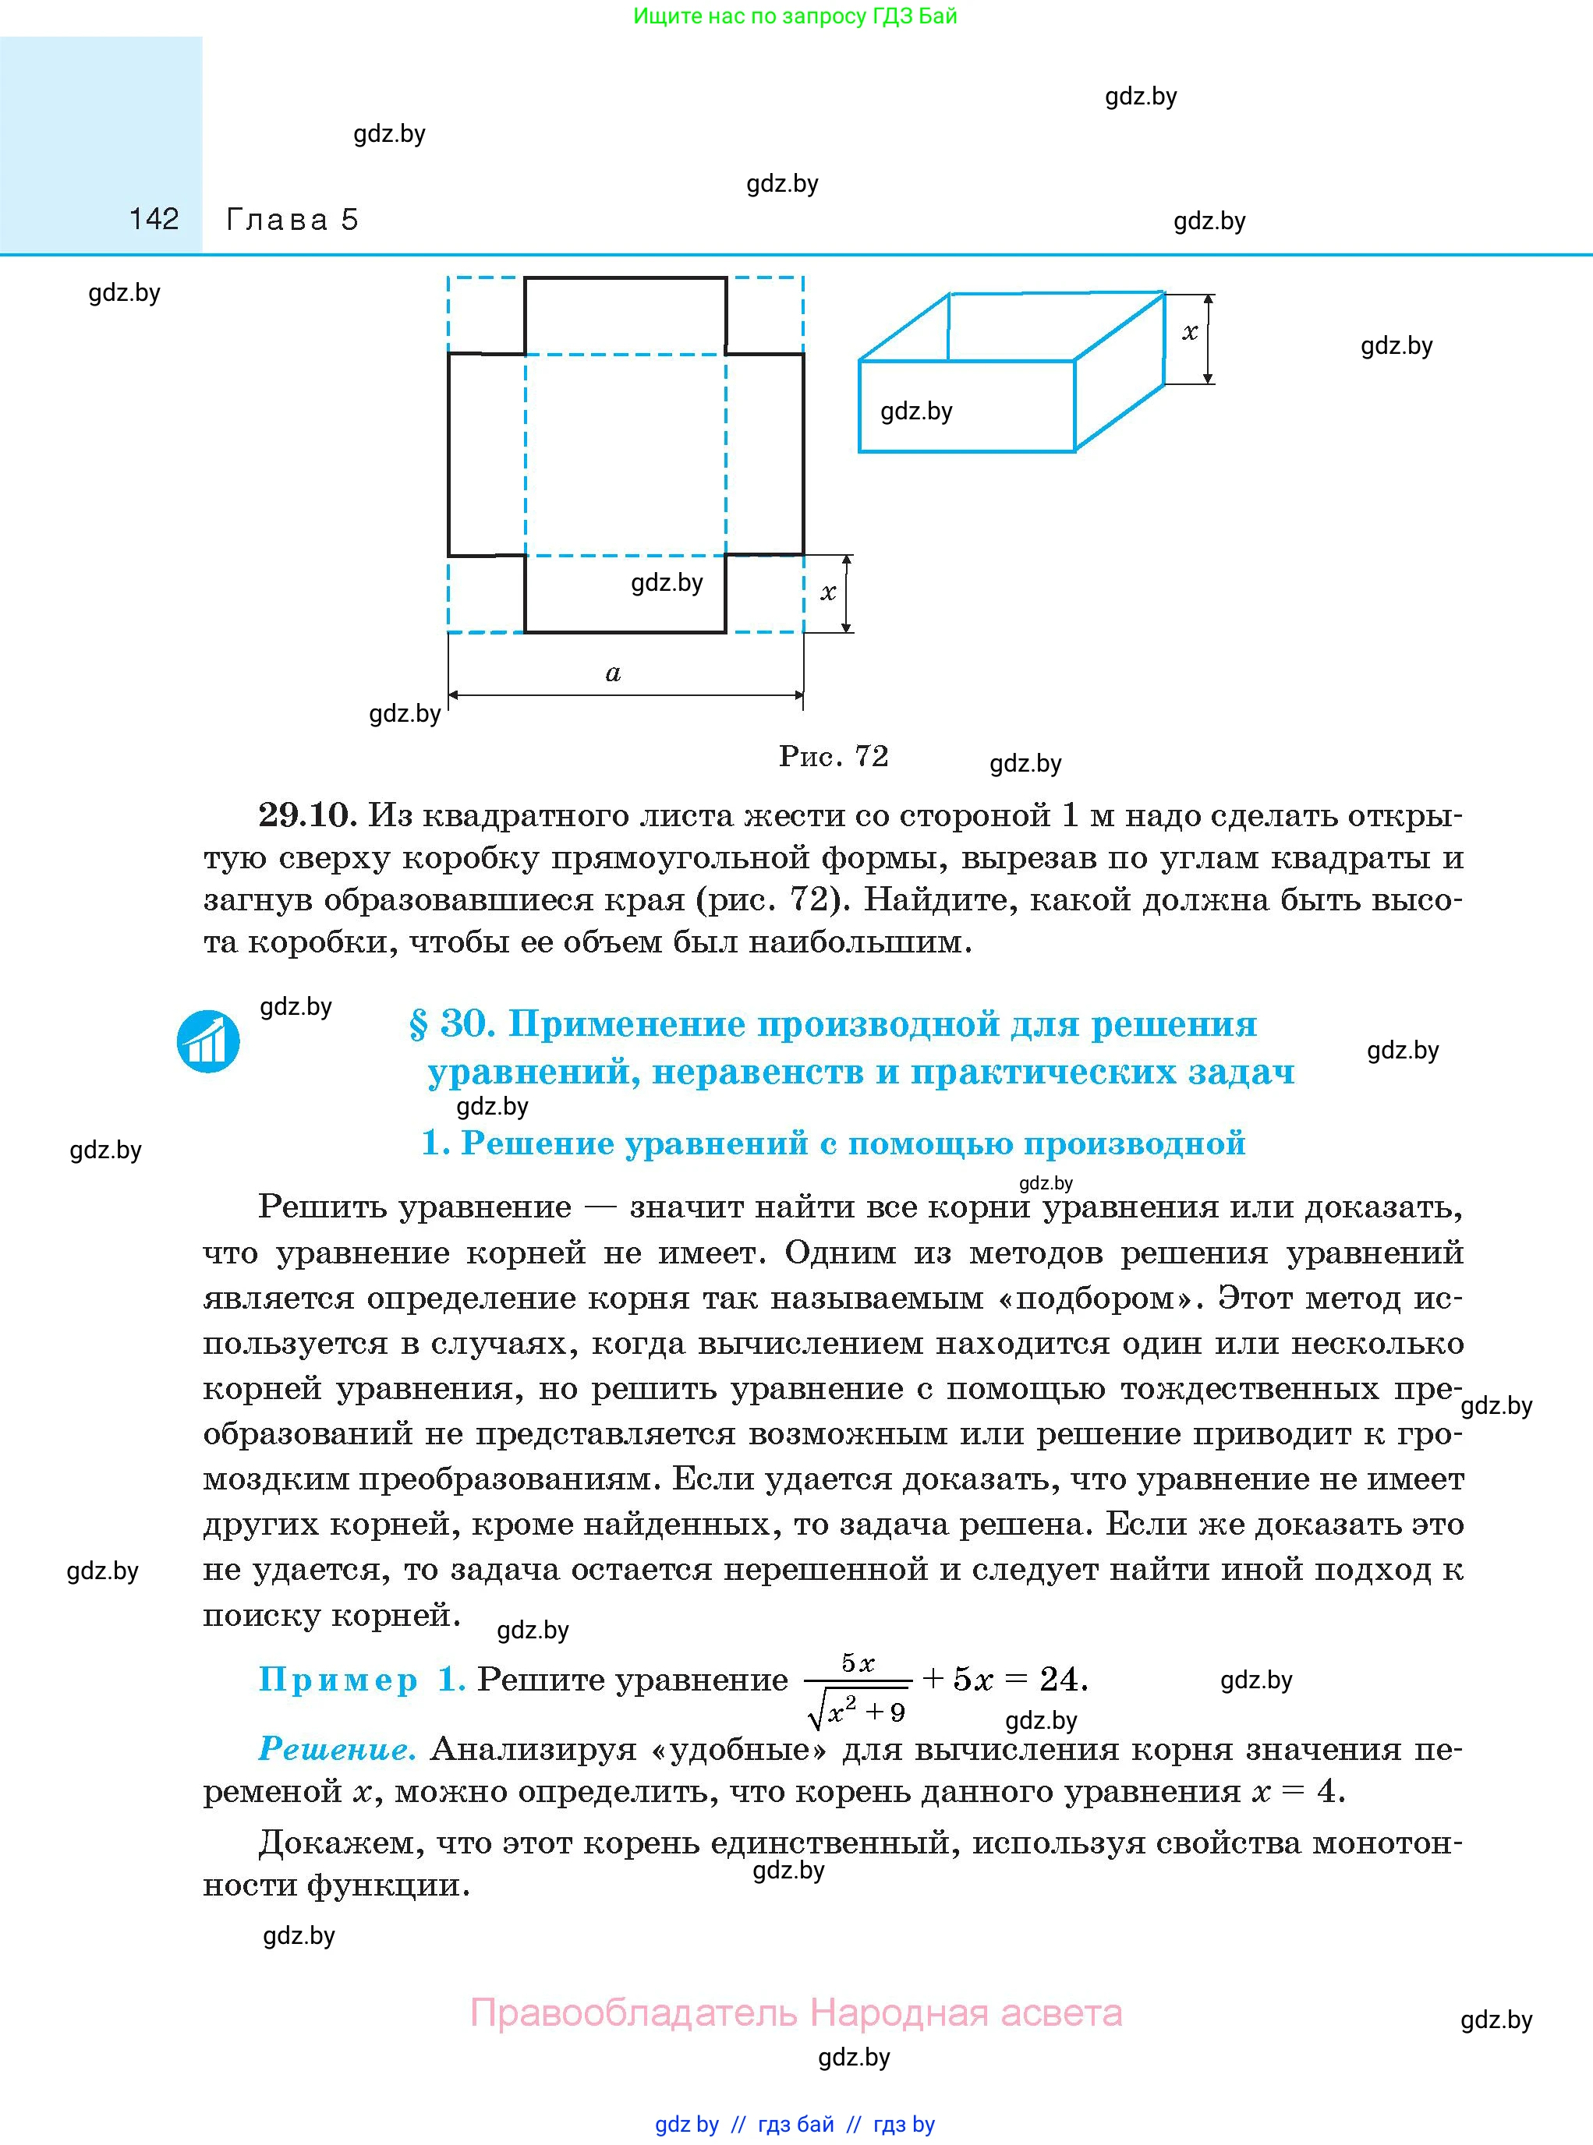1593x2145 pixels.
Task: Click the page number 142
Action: [154, 219]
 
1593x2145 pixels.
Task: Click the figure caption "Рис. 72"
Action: [833, 756]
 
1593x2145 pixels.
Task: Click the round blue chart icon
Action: [208, 1042]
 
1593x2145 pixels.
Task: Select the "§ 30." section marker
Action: [451, 1024]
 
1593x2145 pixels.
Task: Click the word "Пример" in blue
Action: [338, 1680]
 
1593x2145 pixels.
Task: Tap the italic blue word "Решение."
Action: [338, 1749]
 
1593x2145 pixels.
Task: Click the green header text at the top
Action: [795, 16]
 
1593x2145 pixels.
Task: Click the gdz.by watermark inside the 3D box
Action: [916, 412]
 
